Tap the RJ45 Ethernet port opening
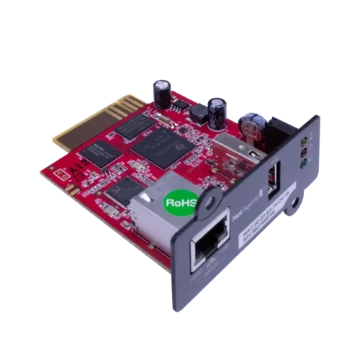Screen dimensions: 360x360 [x=203, y=250]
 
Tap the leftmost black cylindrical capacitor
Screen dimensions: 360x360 [x=160, y=91]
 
